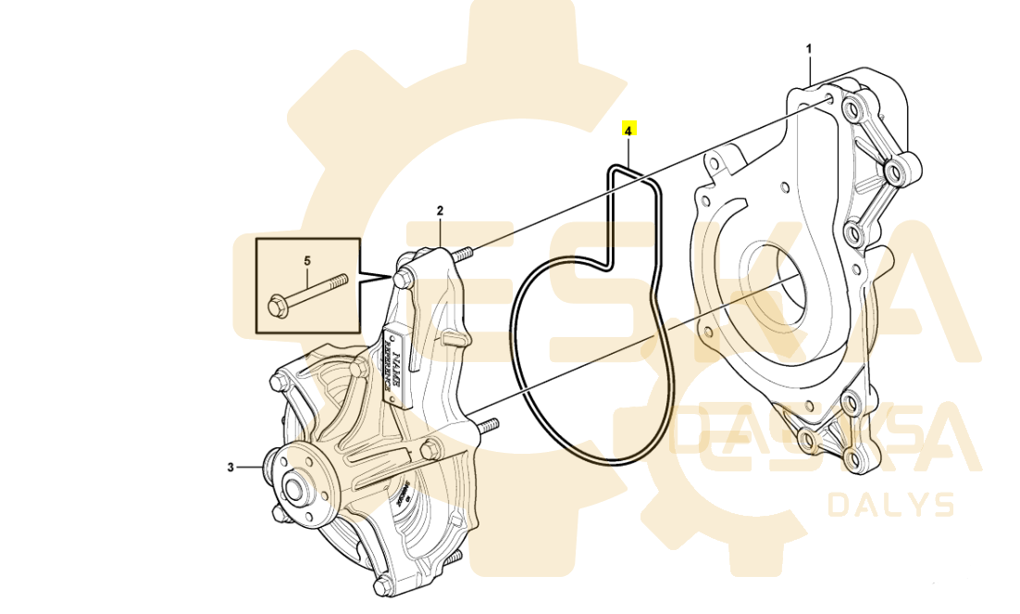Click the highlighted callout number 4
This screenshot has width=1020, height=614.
(628, 130)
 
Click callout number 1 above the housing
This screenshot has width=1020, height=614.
(808, 48)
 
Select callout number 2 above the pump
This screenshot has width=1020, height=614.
(440, 211)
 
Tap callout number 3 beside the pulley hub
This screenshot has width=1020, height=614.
(230, 468)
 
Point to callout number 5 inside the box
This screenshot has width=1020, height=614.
(306, 262)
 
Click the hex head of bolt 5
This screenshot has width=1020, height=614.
(277, 304)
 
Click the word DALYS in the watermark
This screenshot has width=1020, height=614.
(889, 506)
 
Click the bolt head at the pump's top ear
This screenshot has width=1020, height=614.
(403, 277)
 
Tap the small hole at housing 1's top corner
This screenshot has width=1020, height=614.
(827, 98)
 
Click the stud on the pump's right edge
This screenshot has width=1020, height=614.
(488, 425)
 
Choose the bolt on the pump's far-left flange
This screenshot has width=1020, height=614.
(278, 382)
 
